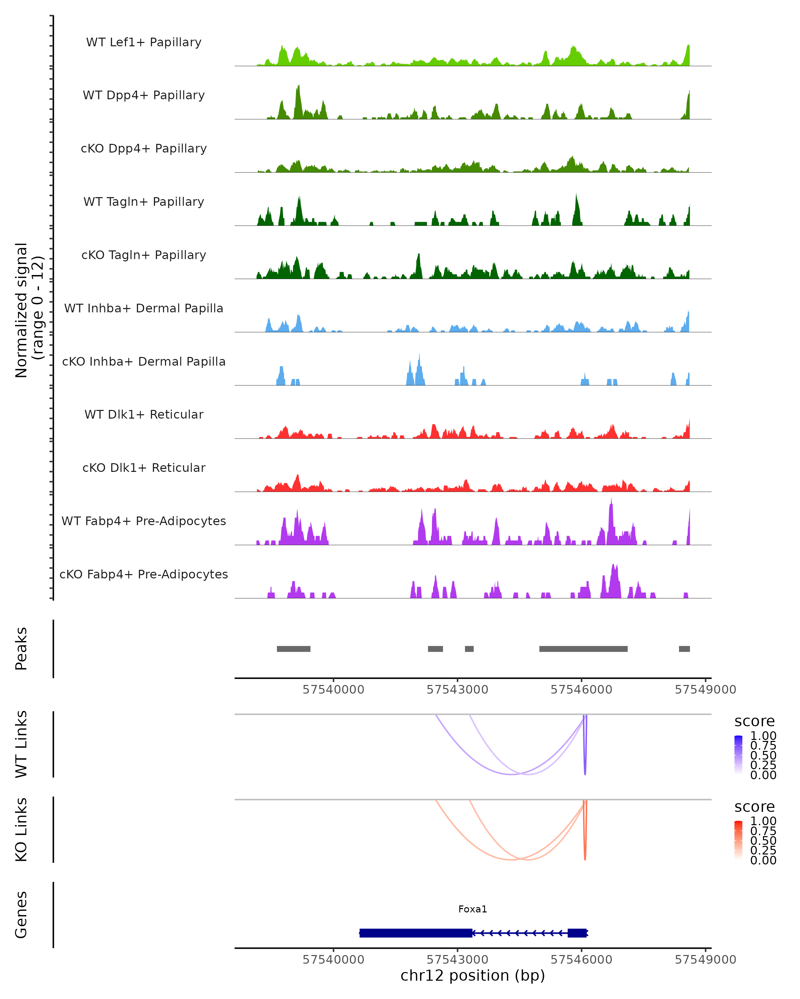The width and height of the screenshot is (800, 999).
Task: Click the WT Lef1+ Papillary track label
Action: (x=144, y=42)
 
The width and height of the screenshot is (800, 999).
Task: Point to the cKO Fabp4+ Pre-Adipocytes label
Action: (x=144, y=574)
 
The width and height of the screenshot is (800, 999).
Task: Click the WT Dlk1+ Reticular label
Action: (x=144, y=414)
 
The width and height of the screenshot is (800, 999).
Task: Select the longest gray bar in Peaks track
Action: (x=583, y=649)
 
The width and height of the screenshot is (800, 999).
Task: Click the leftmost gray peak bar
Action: (x=294, y=649)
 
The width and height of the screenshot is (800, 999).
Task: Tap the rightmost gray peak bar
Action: (x=684, y=649)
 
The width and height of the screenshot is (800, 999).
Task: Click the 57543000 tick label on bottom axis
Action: (x=457, y=960)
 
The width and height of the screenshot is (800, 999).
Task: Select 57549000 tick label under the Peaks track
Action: (x=705, y=690)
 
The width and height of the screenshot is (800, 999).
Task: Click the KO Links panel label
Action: (x=21, y=830)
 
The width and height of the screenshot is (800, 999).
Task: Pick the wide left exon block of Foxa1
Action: (x=416, y=933)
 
